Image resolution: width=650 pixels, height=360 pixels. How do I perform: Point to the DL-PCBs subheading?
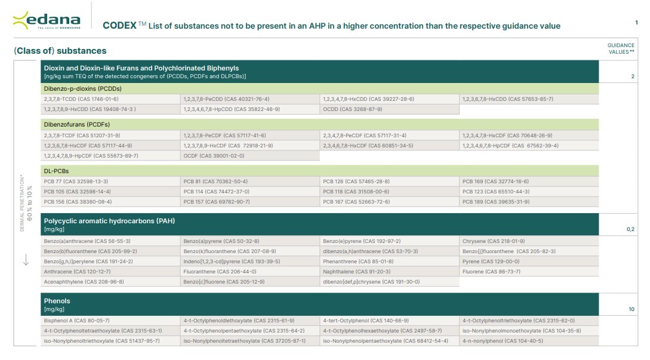coord(56,171)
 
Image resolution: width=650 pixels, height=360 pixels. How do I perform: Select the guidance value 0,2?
coord(630,229)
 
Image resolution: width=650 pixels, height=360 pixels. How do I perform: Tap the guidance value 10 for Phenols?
coord(631,309)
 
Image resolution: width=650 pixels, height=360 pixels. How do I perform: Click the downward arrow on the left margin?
coord(26,261)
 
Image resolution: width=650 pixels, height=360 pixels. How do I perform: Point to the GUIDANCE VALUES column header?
coord(621,48)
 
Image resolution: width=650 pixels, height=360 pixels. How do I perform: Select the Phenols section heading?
coord(57,301)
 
